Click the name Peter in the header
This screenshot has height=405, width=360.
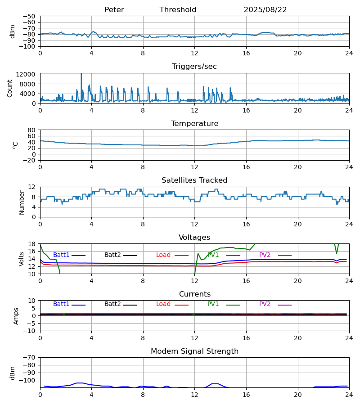[x=114, y=10]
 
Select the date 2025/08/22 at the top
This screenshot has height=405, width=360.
[x=265, y=10]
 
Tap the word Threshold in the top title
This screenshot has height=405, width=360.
[x=178, y=10]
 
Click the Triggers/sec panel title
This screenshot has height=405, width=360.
[x=194, y=67]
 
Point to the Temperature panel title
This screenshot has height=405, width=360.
[x=194, y=124]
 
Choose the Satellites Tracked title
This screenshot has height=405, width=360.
[x=194, y=180]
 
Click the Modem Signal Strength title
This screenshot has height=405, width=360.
[x=194, y=351]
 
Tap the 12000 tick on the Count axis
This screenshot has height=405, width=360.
[x=28, y=75]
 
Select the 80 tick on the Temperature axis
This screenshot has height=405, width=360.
[x=31, y=130]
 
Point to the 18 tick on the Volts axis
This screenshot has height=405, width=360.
[x=31, y=244]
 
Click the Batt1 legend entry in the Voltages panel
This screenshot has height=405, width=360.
[x=61, y=255]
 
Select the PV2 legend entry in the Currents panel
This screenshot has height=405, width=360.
[x=265, y=304]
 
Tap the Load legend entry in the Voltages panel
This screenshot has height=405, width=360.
[x=163, y=255]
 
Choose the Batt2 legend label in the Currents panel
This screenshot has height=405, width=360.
[x=112, y=304]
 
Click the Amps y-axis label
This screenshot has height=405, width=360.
[x=17, y=316]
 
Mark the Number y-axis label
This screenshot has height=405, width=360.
[x=22, y=202]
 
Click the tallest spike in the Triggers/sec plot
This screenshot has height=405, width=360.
[x=81, y=75]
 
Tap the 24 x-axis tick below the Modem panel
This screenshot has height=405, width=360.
[x=349, y=395]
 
